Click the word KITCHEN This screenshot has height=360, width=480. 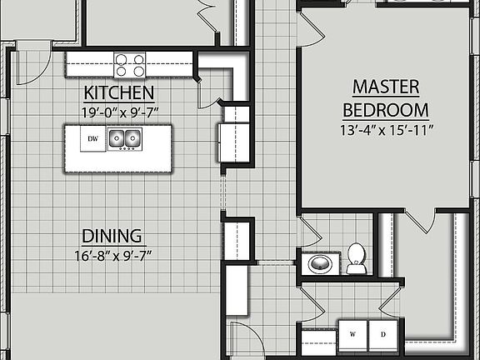point(118,92)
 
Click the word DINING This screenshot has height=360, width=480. point(112,236)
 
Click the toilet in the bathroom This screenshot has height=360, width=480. point(356,258)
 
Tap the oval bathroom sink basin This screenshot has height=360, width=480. point(319,264)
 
